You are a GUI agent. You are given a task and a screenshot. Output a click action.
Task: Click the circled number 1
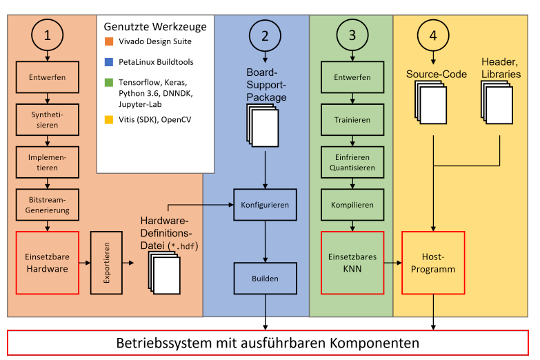47,36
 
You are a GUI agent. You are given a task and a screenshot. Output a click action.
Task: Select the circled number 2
265,36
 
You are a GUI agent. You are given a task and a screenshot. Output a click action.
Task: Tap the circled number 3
352,36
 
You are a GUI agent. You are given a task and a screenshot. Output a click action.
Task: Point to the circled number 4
432,36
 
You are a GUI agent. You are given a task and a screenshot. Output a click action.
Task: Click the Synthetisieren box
47,119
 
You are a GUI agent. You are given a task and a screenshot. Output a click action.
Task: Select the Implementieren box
47,162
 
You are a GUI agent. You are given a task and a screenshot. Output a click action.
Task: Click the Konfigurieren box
265,205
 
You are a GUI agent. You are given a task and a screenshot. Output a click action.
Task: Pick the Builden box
265,279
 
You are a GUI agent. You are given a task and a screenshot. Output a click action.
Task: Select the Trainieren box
352,119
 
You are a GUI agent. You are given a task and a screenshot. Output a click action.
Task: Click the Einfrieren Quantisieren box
352,162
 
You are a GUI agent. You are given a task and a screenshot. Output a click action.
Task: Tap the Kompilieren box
352,205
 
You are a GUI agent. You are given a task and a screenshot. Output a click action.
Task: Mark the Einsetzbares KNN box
352,263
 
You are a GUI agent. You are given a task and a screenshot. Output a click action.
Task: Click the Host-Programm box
433,263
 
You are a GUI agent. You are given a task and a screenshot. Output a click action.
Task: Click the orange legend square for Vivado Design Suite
108,42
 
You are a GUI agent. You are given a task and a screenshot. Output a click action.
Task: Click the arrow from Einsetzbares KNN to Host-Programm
392,263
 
